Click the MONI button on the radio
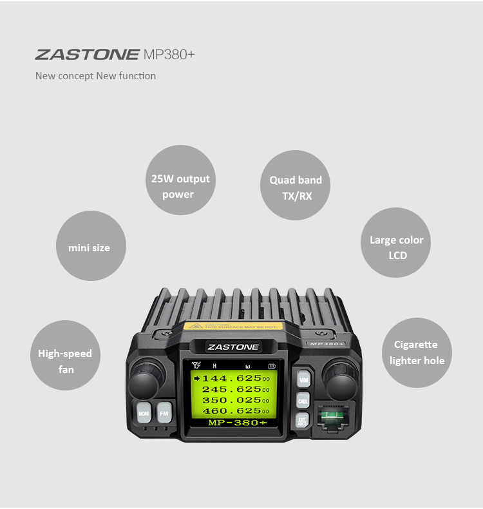coord(143,412)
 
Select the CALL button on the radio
coord(303,401)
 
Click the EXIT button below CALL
coord(303,421)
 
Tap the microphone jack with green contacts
coord(332,419)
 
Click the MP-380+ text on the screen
coord(237,423)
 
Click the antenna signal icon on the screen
coord(196,366)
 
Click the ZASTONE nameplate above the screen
coord(233,347)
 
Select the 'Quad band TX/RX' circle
coord(296,187)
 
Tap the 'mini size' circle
coord(90,247)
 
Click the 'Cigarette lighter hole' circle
coord(417,352)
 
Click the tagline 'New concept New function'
coord(95,76)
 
